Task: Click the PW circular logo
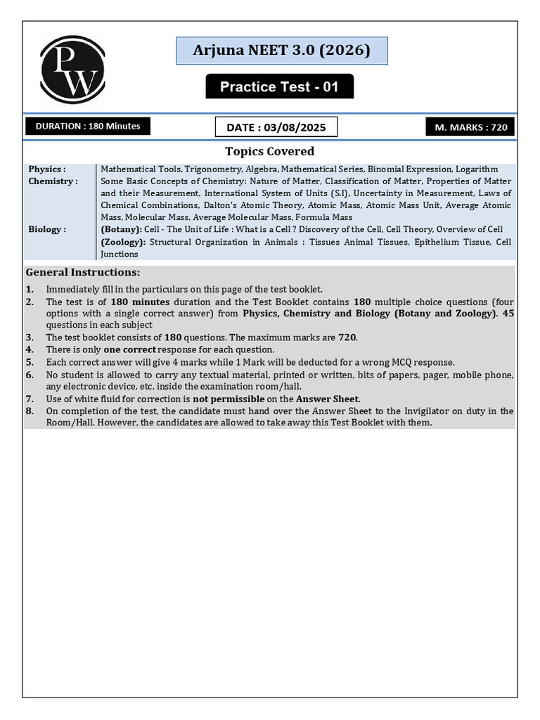tap(72, 70)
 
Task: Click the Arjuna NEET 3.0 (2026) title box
tap(281, 51)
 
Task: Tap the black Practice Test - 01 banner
tap(279, 86)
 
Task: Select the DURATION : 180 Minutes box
tap(88, 127)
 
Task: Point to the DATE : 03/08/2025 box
tap(276, 127)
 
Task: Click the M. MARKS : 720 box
tap(470, 127)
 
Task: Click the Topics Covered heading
tap(269, 151)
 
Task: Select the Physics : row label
tap(47, 169)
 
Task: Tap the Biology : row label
tap(47, 229)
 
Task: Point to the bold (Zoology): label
tap(123, 242)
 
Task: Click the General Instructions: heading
tap(83, 272)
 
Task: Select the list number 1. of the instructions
tap(30, 290)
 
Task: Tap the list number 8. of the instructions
tap(30, 411)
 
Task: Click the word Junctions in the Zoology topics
tap(120, 254)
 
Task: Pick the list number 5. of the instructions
tap(30, 362)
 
